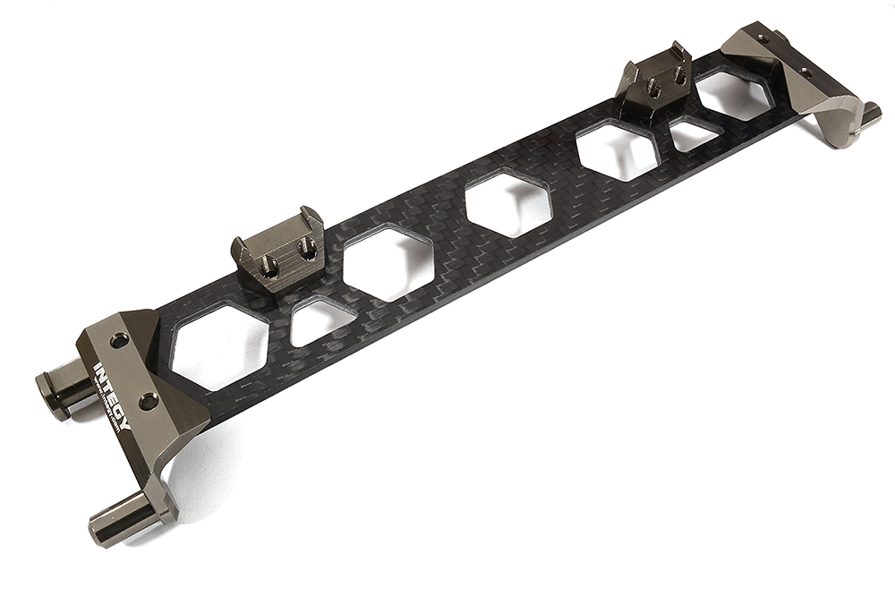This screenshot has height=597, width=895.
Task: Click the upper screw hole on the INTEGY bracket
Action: [x=120, y=340]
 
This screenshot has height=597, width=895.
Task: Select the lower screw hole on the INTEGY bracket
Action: [x=147, y=402]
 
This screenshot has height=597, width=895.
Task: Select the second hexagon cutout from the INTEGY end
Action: [x=388, y=261]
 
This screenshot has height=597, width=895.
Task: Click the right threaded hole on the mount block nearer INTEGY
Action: [x=307, y=251]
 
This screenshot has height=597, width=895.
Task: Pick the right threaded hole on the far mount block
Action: [x=679, y=77]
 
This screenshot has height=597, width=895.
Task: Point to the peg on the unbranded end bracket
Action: [x=867, y=115]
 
